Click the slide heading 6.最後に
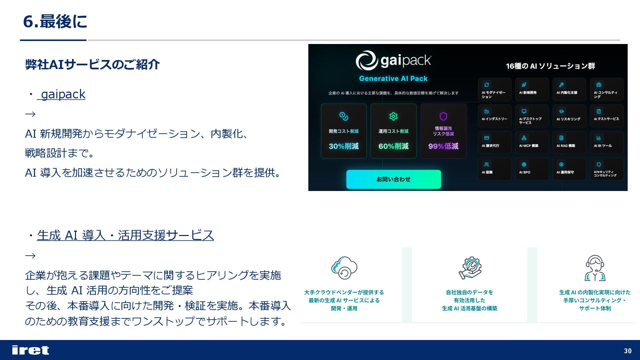[x=55, y=22]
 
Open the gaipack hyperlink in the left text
[x=63, y=94]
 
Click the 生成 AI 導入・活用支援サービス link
[x=125, y=235]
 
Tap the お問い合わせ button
[x=393, y=179]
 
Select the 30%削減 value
[x=344, y=146]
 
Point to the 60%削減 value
[x=393, y=146]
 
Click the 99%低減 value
[x=443, y=146]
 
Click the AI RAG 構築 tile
[x=569, y=142]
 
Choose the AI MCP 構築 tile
[x=532, y=142]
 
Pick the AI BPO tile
[x=532, y=169]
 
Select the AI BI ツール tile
[x=606, y=142]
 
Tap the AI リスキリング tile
[x=569, y=116]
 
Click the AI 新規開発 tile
[x=532, y=89]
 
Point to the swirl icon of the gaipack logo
[x=366, y=61]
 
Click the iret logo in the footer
[x=30, y=350]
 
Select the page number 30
[x=628, y=351]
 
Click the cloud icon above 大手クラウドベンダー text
[x=344, y=268]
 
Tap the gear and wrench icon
[x=470, y=268]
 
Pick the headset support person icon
[x=595, y=268]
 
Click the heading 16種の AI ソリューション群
[x=550, y=66]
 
